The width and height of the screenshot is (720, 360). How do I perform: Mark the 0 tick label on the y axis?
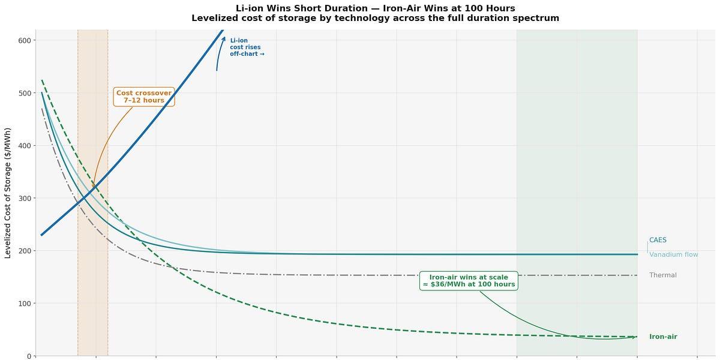point(29,356)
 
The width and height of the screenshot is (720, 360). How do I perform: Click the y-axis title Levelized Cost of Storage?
point(8,193)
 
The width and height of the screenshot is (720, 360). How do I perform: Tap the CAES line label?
point(658,240)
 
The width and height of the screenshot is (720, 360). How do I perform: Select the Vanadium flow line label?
point(673,254)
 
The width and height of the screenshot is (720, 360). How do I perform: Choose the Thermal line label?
point(662,275)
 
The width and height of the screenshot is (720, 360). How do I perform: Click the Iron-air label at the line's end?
point(663,337)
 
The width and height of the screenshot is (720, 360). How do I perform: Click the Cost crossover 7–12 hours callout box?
point(144,97)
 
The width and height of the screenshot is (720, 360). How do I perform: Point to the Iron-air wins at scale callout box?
point(469,281)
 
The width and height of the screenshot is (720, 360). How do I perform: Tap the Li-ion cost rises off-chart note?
point(247,47)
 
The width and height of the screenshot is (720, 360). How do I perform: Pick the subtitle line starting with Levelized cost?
point(375,18)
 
